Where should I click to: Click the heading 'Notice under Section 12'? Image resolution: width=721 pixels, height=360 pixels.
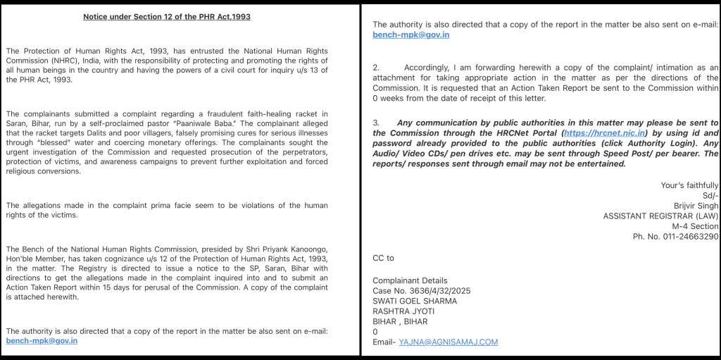pyautogui.click(x=166, y=17)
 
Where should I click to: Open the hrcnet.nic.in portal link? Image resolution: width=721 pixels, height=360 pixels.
pyautogui.click(x=606, y=132)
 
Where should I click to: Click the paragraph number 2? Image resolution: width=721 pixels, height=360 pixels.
pyautogui.click(x=375, y=68)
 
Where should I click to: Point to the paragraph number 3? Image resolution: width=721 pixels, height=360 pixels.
pyautogui.click(x=375, y=123)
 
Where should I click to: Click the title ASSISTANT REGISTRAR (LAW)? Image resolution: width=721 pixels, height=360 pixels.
pyautogui.click(x=660, y=216)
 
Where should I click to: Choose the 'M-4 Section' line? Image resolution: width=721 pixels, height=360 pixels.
pyautogui.click(x=695, y=226)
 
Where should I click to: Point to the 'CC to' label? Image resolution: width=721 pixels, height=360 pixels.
pyautogui.click(x=383, y=259)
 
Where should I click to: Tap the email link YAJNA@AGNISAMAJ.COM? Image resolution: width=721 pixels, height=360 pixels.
pyautogui.click(x=448, y=342)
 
